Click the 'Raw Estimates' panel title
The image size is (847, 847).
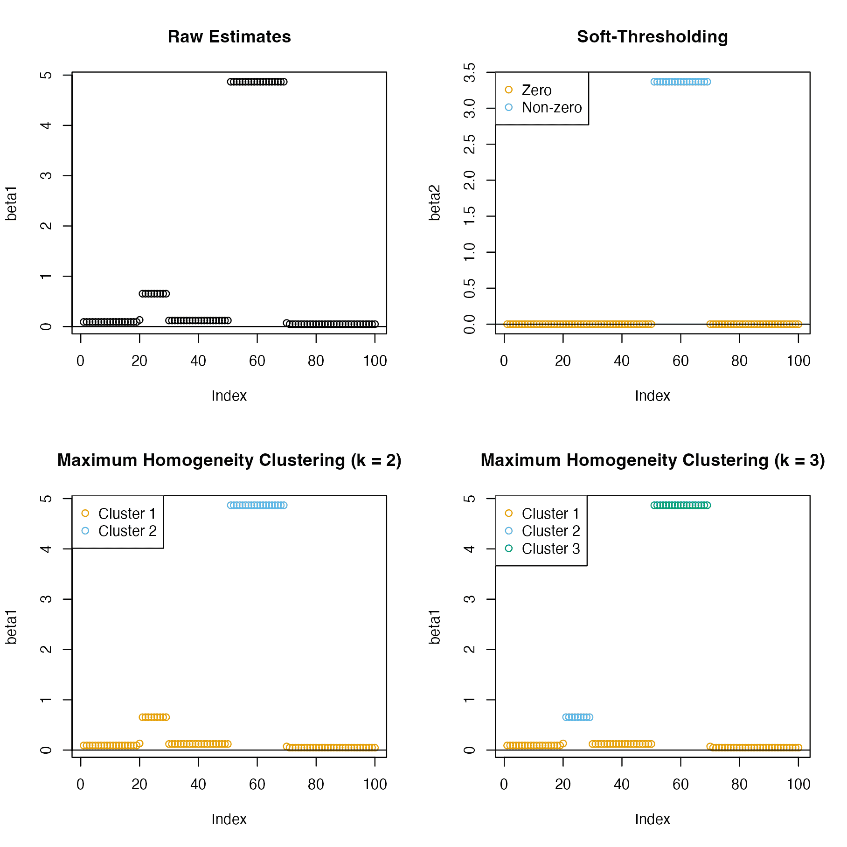click(229, 37)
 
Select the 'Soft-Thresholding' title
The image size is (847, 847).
click(652, 37)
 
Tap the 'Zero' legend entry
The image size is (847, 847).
click(536, 90)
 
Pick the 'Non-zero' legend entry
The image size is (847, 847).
click(551, 108)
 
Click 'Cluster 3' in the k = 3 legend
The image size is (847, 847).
click(550, 549)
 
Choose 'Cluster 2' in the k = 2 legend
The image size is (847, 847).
click(127, 531)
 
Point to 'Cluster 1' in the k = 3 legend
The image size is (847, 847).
click(550, 514)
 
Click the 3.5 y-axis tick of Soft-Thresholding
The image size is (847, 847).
click(470, 73)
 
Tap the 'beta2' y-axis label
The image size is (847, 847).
click(435, 202)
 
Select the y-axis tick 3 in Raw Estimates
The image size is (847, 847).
click(46, 176)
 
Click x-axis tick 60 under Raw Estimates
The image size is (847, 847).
click(257, 361)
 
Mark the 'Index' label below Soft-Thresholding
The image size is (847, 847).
click(652, 396)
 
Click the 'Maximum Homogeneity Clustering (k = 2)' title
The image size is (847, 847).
click(229, 460)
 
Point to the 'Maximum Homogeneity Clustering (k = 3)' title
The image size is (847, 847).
click(652, 460)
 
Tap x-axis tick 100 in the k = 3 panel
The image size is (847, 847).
click(798, 785)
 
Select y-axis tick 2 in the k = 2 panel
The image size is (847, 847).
click(46, 650)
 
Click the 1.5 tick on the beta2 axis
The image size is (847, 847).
click(470, 216)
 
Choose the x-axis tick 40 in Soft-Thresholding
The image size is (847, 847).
click(622, 361)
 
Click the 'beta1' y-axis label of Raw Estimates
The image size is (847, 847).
click(11, 203)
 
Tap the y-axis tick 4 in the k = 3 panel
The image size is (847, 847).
click(470, 549)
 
